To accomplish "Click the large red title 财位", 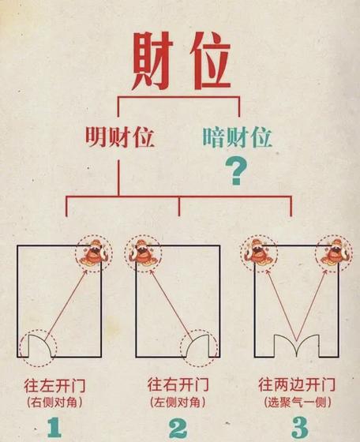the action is (182, 61).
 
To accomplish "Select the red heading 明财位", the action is (120, 137).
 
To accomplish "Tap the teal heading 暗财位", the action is (237, 137).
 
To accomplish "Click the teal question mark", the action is (236, 172).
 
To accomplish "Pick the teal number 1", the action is (54, 426).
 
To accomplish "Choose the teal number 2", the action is (178, 427).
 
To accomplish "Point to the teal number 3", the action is (299, 427).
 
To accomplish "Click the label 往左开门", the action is (54, 386).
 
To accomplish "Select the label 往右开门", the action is (178, 385).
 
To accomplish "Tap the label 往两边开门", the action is (297, 385).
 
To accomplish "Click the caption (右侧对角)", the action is (55, 403).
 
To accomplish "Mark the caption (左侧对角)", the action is (178, 403).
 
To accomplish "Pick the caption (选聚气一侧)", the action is (298, 403).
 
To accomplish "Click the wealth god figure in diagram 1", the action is (94, 253).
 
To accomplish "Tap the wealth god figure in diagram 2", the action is (143, 253).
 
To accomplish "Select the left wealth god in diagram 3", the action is (259, 253).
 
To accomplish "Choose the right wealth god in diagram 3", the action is (334, 253).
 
